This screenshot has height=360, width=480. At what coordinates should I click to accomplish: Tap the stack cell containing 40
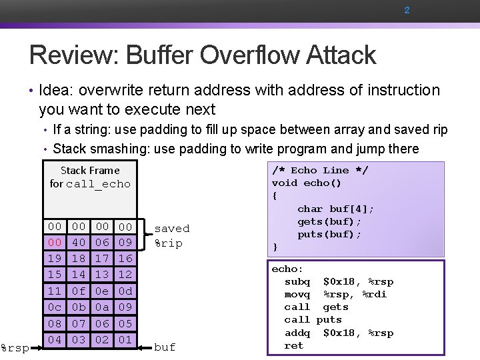79,243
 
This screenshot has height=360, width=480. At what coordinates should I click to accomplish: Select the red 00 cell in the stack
55,243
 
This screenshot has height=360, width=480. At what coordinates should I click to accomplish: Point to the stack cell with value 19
55,259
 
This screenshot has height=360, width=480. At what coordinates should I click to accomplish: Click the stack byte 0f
79,291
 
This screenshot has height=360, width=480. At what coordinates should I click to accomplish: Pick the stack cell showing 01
125,339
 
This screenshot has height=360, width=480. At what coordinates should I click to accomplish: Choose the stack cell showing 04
55,339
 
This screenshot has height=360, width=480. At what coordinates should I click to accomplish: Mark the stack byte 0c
55,307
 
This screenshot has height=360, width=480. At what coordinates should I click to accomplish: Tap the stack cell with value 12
125,275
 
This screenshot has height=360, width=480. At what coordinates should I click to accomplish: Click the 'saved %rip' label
171,235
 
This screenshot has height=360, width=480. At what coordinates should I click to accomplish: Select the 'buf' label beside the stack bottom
165,347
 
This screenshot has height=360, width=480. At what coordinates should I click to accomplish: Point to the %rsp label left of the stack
14,347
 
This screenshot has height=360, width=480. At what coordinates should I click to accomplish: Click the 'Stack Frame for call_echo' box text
90,177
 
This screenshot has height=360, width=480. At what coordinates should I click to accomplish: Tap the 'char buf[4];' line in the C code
335,209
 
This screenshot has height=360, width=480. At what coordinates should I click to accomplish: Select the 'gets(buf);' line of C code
329,221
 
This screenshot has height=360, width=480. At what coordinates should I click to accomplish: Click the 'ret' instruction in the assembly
293,345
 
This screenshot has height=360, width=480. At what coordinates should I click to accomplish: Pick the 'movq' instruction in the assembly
297,294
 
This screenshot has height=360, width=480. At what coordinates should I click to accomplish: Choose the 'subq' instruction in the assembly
297,281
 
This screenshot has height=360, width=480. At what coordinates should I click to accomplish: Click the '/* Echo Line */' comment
320,170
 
